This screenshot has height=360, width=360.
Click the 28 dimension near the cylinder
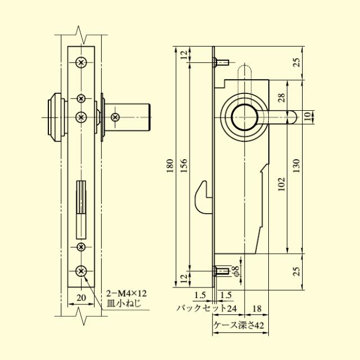point(282,97)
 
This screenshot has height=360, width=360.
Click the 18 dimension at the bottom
point(257,308)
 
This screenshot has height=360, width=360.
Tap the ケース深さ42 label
point(239,325)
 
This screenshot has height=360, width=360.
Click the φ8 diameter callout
point(237,271)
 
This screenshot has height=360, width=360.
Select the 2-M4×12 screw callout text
point(127,293)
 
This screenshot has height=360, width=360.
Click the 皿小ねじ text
point(124,303)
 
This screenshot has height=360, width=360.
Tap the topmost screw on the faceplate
point(82,62)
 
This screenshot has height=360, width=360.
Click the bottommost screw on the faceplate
point(82,271)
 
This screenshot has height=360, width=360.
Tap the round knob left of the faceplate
point(55,116)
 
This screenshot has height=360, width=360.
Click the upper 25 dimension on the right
point(296,62)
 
